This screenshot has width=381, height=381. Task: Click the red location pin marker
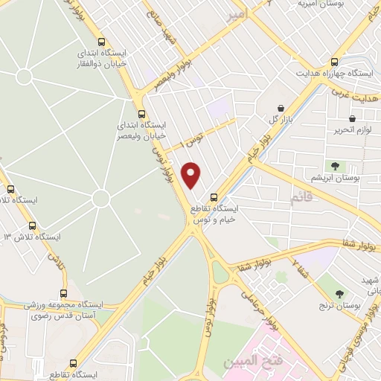pos(192,175)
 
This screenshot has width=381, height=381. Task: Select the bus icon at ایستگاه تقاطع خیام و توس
pos(214,197)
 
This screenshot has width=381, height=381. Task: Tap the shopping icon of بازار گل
pos(279,108)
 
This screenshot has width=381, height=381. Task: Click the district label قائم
pos(300,197)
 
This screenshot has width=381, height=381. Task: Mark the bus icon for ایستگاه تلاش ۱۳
pos(31,225)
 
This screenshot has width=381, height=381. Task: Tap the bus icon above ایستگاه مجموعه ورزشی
pos(63,293)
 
